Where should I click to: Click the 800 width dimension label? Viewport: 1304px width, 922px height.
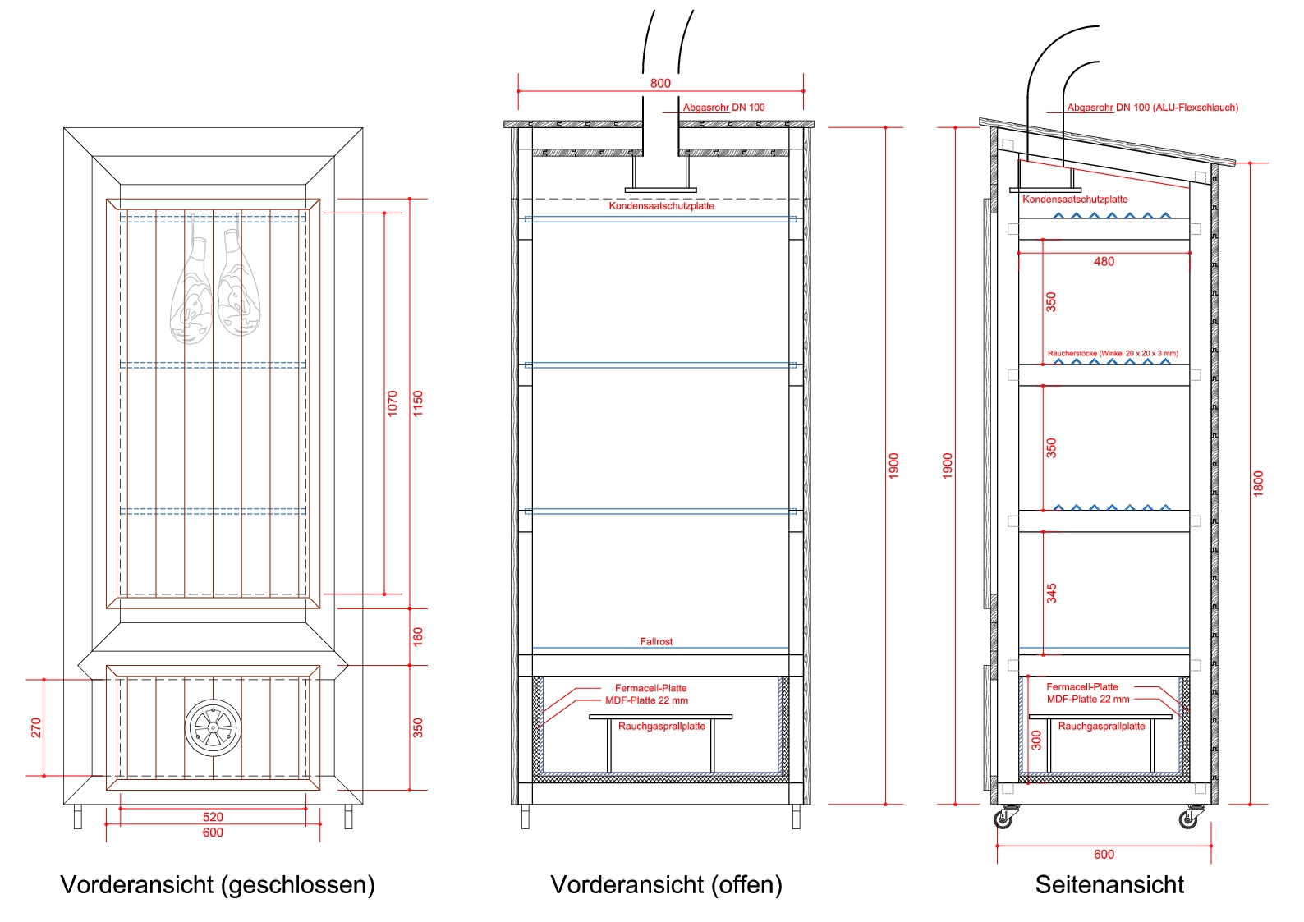click(660, 83)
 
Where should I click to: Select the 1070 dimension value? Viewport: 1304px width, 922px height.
click(393, 403)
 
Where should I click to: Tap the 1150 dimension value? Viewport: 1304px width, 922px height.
click(418, 403)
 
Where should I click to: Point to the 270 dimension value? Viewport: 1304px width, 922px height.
click(36, 727)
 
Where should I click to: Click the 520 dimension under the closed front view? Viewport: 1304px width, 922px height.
click(213, 817)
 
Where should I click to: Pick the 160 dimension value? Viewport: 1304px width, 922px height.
click(418, 636)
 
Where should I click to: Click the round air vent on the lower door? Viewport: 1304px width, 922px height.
click(213, 727)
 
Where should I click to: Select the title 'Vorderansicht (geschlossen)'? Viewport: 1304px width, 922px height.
click(218, 885)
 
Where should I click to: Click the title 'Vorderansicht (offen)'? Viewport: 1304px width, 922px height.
click(666, 885)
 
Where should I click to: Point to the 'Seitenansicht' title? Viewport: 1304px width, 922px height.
click(1109, 885)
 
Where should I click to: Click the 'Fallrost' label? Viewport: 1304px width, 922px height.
click(656, 641)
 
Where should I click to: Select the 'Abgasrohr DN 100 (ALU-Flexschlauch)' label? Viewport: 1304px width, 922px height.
click(1152, 108)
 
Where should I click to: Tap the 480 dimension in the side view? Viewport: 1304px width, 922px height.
click(1104, 262)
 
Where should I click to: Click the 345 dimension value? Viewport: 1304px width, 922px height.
click(1052, 594)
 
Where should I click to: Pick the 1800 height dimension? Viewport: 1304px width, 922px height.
click(1258, 484)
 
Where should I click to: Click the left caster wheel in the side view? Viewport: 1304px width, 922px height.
click(1004, 819)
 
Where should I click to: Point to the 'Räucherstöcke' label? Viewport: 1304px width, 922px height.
click(1112, 354)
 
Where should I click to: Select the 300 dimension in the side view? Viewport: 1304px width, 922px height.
click(1036, 740)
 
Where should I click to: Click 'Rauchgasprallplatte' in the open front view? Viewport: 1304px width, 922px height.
click(661, 727)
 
